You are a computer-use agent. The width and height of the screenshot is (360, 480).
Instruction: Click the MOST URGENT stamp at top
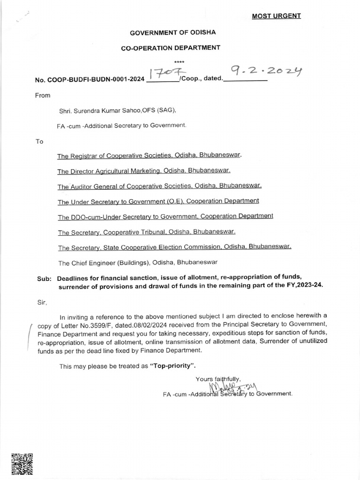pos(276,16)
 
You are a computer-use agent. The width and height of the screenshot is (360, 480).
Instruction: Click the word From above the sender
pos(43,95)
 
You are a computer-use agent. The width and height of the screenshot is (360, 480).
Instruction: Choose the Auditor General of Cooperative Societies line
pos(159,186)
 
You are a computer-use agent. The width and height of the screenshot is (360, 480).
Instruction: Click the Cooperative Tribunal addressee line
pos(146,232)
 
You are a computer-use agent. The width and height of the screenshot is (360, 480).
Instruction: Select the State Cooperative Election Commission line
pos(174,247)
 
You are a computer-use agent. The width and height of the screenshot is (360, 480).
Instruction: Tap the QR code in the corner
pos(22,465)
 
